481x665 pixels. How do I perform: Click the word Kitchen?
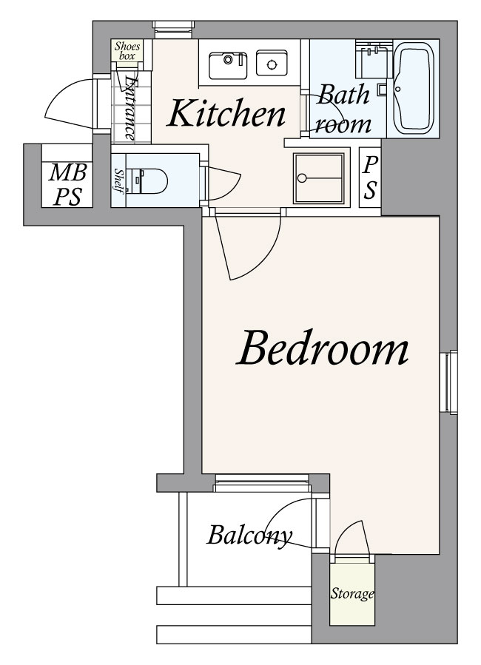(x=226, y=113)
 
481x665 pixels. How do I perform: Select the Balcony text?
(x=249, y=536)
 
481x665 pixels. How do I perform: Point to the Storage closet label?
(x=352, y=593)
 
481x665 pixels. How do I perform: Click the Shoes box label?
(x=127, y=51)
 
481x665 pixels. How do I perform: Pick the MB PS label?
(x=67, y=184)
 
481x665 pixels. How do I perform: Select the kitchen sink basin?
(x=228, y=65)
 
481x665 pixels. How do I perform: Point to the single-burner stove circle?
(x=272, y=64)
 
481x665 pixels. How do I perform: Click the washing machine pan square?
(x=318, y=178)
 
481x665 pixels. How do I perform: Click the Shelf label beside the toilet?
(x=119, y=181)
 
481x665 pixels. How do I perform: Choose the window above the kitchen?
(x=174, y=30)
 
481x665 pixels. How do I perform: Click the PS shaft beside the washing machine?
(x=370, y=178)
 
